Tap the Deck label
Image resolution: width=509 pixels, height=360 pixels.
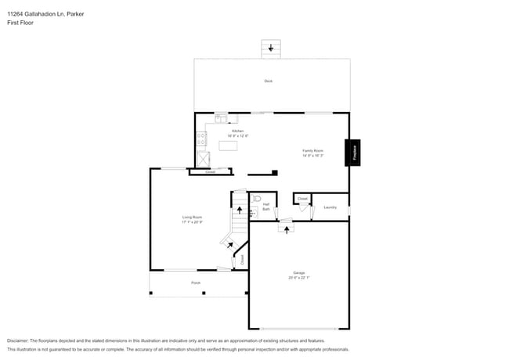coord(268,81)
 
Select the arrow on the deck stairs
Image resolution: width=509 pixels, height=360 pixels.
coord(271,49)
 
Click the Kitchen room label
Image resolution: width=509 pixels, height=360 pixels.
coord(237,131)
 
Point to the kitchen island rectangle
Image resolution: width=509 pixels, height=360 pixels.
coord(229,145)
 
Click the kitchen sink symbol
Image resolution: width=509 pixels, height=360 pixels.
coord(221,120)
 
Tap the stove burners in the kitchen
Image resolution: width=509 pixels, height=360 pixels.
coord(201,139)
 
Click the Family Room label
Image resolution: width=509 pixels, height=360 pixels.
coord(313,150)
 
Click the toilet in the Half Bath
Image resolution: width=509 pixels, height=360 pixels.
coord(257,199)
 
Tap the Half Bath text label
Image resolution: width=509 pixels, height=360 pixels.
coord(266,207)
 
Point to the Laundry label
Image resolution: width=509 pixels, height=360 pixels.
coord(330,207)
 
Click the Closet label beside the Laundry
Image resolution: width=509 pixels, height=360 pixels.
coord(302,200)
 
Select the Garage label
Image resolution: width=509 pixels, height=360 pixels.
coord(299,273)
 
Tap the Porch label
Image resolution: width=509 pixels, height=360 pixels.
coord(196,283)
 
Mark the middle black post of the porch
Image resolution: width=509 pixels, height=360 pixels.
coord(204,293)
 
